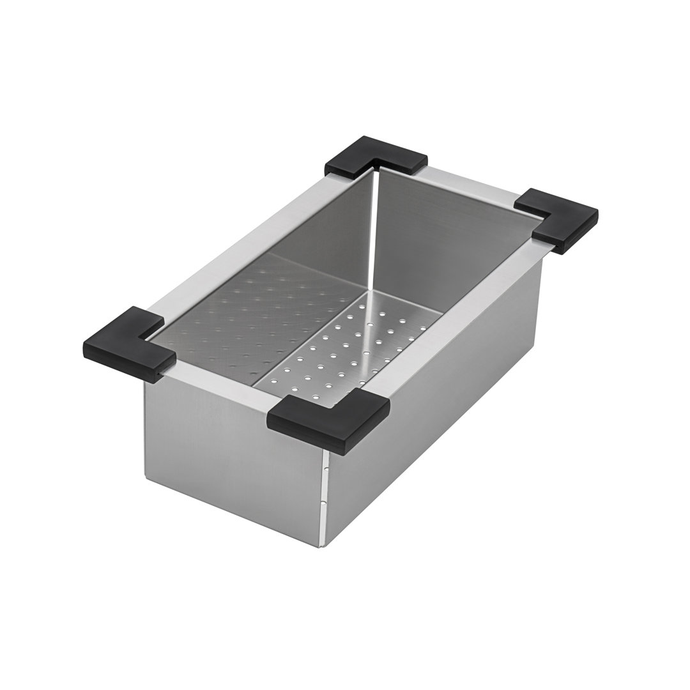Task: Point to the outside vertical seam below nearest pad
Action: pos(325,498)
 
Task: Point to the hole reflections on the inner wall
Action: pos(268,313)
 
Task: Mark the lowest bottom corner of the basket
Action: pos(323,546)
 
